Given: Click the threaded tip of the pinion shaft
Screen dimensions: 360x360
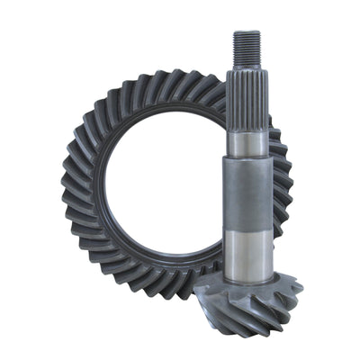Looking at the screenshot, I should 247,50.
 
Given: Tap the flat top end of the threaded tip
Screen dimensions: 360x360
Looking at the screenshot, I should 247,32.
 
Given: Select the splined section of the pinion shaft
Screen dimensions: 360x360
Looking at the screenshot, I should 247,99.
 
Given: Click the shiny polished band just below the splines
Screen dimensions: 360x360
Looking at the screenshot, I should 247,142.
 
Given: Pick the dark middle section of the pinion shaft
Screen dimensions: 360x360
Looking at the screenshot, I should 247,193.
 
